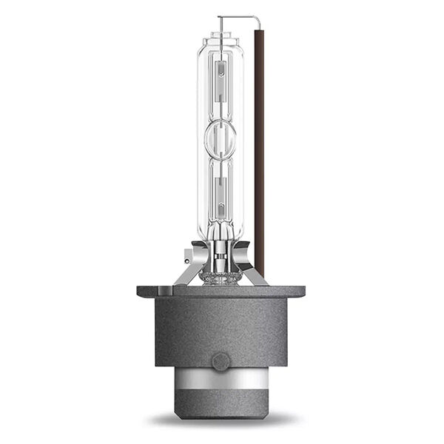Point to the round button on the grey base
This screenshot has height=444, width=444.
click(x=221, y=361)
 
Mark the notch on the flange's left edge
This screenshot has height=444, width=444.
click(x=140, y=290)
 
